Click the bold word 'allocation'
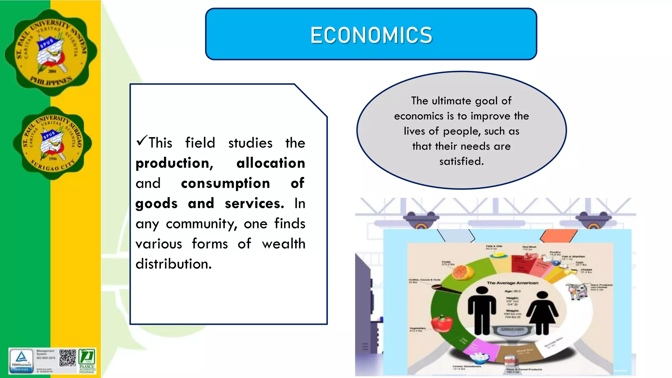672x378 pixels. tap(271, 163)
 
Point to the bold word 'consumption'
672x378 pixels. tap(225, 183)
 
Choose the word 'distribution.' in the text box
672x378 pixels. tap(174, 264)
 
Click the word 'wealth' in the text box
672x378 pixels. tap(283, 244)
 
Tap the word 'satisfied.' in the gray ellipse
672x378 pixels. tap(461, 161)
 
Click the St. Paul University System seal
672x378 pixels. tap(51, 52)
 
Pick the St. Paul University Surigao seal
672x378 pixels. tap(52, 143)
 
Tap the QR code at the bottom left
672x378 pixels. tap(68, 358)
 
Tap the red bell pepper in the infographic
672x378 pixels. tap(442, 323)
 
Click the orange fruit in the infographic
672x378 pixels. tap(463, 272)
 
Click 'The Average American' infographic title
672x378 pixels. tap(513, 283)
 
